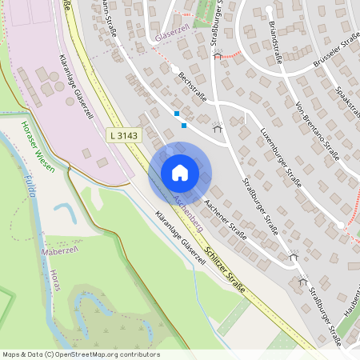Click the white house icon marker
[179, 173]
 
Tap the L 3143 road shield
[123, 136]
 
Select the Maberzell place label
[58, 251]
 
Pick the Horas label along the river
[54, 280]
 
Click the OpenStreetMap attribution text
[81, 354]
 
